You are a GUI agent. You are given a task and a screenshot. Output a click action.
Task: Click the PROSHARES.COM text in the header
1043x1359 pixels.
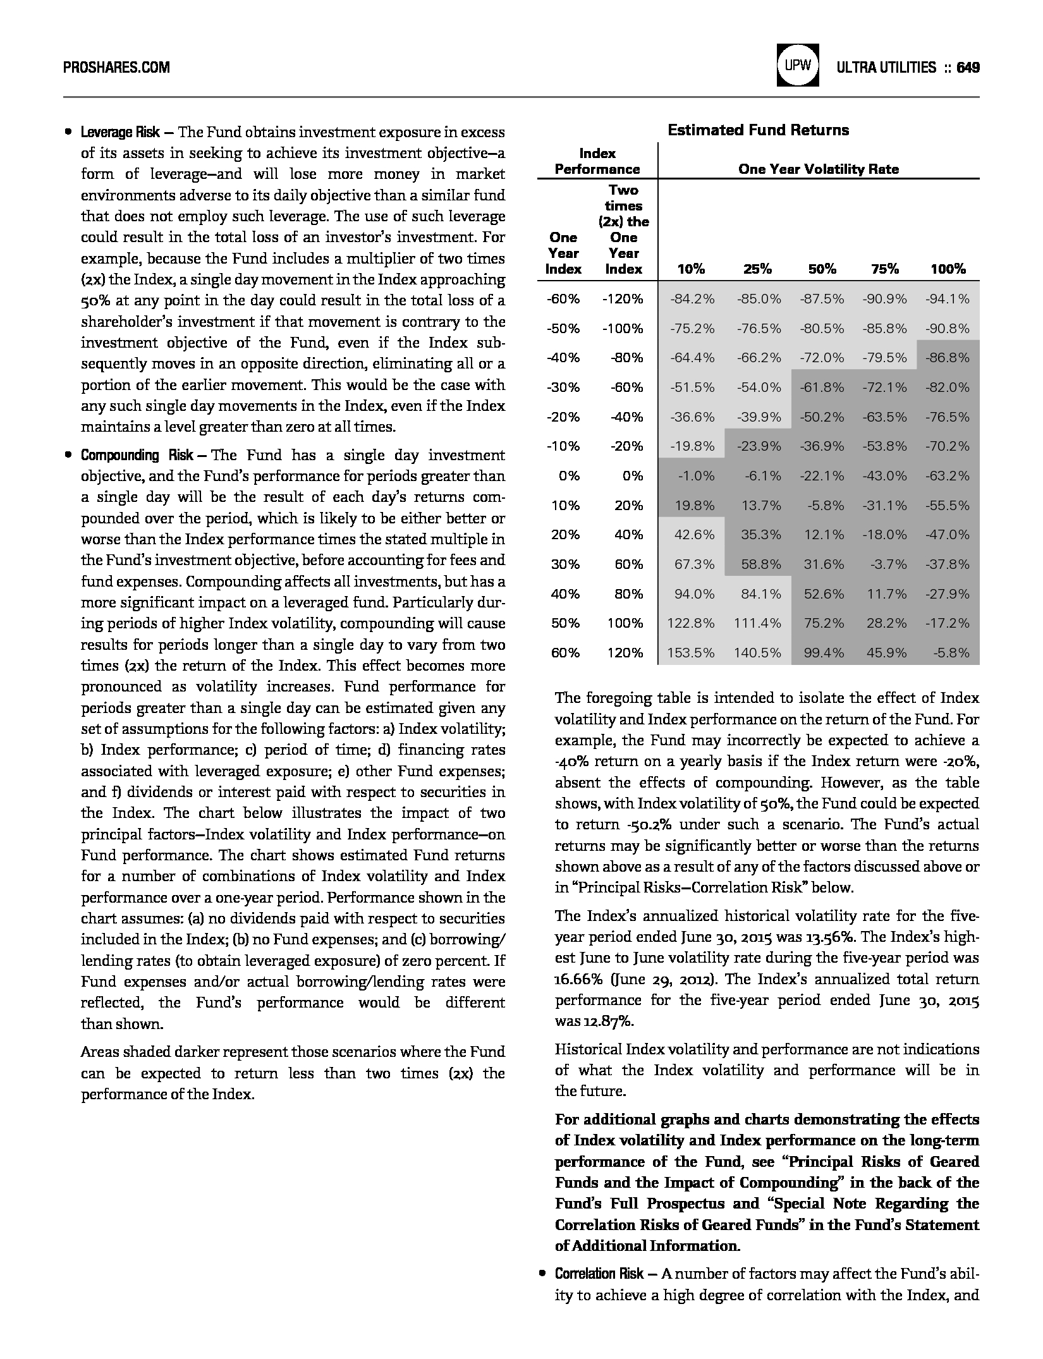pyautogui.click(x=117, y=67)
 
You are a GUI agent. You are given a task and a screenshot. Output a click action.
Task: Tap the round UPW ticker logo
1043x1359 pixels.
pyautogui.click(x=798, y=66)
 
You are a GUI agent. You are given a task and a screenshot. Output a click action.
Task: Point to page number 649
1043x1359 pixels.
pyautogui.click(x=968, y=67)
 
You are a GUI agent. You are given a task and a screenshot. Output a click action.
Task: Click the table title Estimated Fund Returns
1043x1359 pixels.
pyautogui.click(x=758, y=130)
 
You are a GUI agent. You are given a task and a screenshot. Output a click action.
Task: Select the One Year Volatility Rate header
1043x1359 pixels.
pyautogui.click(x=818, y=169)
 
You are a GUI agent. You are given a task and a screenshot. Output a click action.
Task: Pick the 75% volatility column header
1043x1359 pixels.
pyautogui.click(x=884, y=269)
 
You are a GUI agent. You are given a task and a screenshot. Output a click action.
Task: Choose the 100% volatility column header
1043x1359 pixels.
pyautogui.click(x=948, y=269)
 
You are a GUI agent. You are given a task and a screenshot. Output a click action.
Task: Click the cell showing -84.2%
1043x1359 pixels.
pyautogui.click(x=692, y=299)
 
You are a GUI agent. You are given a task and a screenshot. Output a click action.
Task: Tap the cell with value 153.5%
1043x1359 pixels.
pyautogui.click(x=691, y=653)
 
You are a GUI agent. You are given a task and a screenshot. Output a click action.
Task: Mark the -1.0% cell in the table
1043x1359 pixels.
pyautogui.click(x=696, y=476)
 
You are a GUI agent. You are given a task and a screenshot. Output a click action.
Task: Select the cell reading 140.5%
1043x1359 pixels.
pyautogui.click(x=757, y=653)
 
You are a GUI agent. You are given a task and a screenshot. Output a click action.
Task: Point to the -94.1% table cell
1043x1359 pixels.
pyautogui.click(x=948, y=299)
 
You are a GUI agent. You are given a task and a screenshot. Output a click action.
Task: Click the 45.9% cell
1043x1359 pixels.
pyautogui.click(x=886, y=653)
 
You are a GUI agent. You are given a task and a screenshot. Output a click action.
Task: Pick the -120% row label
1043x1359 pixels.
pyautogui.click(x=623, y=299)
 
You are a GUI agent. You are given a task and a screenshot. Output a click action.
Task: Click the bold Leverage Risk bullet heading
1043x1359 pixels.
pyautogui.click(x=120, y=133)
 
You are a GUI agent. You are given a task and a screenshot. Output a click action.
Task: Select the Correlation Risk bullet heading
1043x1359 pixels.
pyautogui.click(x=599, y=1274)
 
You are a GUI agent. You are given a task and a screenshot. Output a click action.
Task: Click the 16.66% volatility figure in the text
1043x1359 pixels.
pyautogui.click(x=575, y=979)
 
